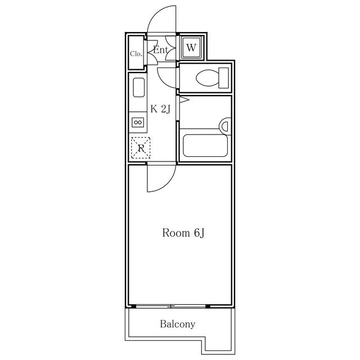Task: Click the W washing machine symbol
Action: [x=191, y=48]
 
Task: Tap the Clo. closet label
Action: [x=136, y=54]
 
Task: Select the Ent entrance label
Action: [x=160, y=50]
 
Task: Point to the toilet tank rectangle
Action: [x=224, y=78]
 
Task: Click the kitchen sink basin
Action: [x=139, y=88]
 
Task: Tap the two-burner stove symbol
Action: [x=138, y=123]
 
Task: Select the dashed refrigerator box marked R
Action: [x=141, y=148]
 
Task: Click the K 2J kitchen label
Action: [x=160, y=109]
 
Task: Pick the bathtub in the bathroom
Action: [x=205, y=146]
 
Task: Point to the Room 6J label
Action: [x=183, y=233]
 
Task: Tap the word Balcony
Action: [x=178, y=324]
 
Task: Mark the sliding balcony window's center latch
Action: [x=171, y=306]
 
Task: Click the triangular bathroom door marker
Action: [x=184, y=100]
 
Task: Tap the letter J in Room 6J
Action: [x=201, y=233]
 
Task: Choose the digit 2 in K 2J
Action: [x=164, y=109]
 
